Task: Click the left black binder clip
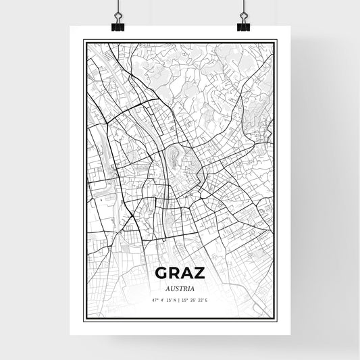pos(118,26)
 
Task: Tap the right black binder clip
pos(243,26)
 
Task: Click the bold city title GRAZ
pos(180,273)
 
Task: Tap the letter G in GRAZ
pos(162,273)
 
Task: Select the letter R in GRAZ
pos(175,273)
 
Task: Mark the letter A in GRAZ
pos(187,273)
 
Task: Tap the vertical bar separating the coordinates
pos(180,299)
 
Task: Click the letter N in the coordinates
pos(175,299)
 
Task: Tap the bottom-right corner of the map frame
pos(278,319)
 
